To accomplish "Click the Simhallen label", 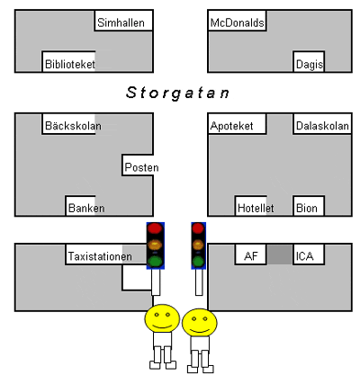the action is click(x=121, y=22).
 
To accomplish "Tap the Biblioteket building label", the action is click(x=70, y=64).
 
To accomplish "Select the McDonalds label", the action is click(x=237, y=22).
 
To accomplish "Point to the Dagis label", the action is click(x=310, y=65).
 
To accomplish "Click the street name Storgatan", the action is click(x=177, y=93).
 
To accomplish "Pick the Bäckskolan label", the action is click(x=73, y=126).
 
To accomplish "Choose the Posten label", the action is click(x=141, y=167).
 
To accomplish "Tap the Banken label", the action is click(x=86, y=208).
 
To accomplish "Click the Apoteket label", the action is click(x=231, y=126).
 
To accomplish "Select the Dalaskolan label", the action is click(x=322, y=126).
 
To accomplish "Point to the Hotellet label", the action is click(x=256, y=208).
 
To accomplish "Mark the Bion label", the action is click(x=307, y=208).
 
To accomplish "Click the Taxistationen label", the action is click(x=100, y=256).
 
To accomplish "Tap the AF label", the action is click(x=251, y=256).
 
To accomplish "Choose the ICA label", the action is click(x=304, y=256).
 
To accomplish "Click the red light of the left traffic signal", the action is click(x=155, y=228).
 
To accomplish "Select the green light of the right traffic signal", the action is click(x=198, y=262).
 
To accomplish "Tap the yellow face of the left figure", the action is click(x=162, y=318).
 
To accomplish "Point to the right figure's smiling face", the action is click(x=200, y=323).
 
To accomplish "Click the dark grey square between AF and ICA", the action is click(x=280, y=254).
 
